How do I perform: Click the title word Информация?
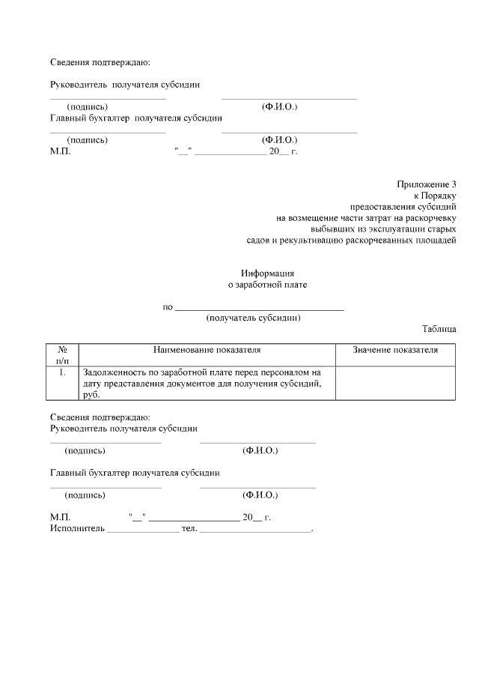tap(267, 273)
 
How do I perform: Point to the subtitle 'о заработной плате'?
tap(267, 285)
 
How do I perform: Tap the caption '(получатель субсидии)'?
tap(253, 318)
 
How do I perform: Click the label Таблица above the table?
tap(439, 329)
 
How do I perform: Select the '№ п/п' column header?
tap(63, 355)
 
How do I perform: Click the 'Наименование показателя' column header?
tap(207, 350)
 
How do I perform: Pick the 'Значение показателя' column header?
tap(395, 350)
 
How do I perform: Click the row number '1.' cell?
tap(63, 372)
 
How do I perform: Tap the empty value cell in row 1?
tap(395, 383)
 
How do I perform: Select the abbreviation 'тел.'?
tap(189, 528)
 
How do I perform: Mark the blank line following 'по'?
tap(259, 308)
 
